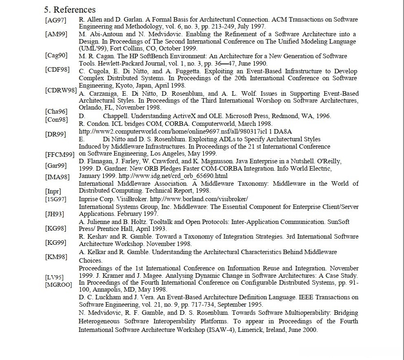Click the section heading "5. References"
[x=70, y=9]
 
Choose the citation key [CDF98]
[x=57, y=70]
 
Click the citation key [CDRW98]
[x=61, y=90]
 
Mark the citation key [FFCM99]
[x=60, y=154]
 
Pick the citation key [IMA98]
[x=57, y=177]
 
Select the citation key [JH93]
[x=54, y=214]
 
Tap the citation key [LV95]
[x=55, y=277]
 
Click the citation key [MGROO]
[x=58, y=284]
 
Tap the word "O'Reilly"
[x=328, y=161]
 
